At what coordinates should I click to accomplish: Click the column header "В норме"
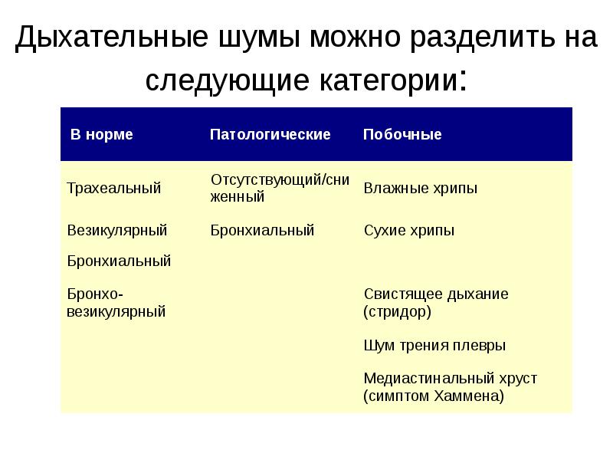pos(102,135)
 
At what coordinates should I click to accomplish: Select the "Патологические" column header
pos(270,135)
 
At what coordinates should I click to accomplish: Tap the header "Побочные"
pos(402,135)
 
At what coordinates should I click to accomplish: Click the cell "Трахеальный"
pos(113,189)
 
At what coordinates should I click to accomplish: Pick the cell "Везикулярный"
pos(116,230)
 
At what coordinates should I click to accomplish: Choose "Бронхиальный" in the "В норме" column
pos(119,261)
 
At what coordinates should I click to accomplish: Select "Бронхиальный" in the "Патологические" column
pos(262,230)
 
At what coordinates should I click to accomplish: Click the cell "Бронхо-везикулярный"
pos(116,303)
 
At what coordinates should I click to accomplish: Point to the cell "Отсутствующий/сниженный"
pos(280,188)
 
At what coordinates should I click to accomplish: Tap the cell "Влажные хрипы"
pos(420,189)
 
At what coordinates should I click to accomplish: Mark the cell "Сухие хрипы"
pos(408,230)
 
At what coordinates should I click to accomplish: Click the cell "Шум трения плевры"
pos(434,346)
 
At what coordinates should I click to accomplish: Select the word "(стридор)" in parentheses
pos(397,312)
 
